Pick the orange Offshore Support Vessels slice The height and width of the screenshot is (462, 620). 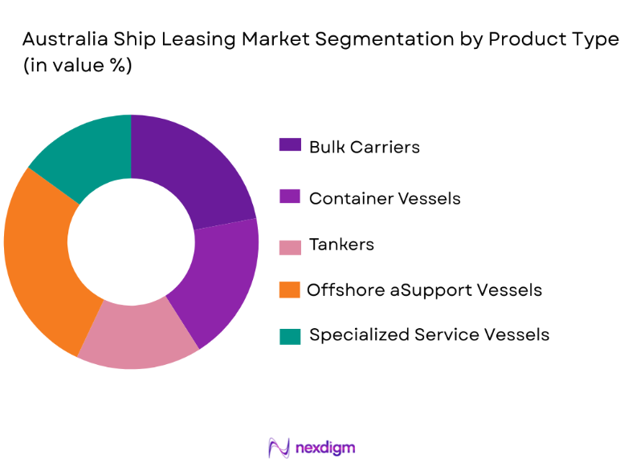coord(40,257)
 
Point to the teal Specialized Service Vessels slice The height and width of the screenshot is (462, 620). coord(84,156)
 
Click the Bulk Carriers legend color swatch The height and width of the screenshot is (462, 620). coord(290,145)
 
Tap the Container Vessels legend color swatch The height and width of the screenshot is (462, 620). coord(290,196)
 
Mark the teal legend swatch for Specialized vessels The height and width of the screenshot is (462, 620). coord(290,335)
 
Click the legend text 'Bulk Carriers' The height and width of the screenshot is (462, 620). coord(364,147)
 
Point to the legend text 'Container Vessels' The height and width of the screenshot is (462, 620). coord(385,197)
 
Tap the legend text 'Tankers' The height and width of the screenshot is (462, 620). coord(341,245)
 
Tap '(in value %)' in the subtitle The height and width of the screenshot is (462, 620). coord(76,67)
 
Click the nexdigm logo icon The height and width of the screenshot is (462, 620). coord(279,447)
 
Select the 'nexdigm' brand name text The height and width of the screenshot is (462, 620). coord(324,447)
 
